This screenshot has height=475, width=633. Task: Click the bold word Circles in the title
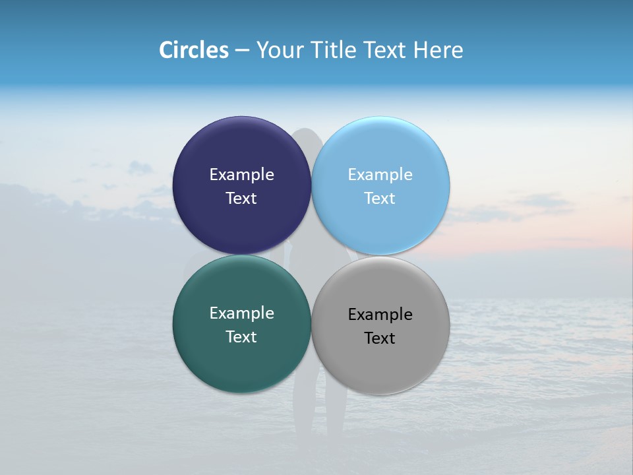pyautogui.click(x=194, y=50)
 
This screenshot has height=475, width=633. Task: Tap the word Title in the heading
pyautogui.click(x=332, y=50)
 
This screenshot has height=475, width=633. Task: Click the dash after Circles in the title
pyautogui.click(x=242, y=51)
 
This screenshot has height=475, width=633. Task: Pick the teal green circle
pyautogui.click(x=241, y=360)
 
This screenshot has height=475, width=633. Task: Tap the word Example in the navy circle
pyautogui.click(x=241, y=175)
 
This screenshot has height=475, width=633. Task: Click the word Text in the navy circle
pyautogui.click(x=241, y=199)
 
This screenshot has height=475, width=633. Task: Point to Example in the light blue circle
pyautogui.click(x=380, y=175)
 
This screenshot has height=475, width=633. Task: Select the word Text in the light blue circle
pyautogui.click(x=380, y=199)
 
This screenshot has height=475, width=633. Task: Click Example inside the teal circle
pyautogui.click(x=241, y=313)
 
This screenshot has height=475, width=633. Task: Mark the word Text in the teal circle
pyautogui.click(x=241, y=337)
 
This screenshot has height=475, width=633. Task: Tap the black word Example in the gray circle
pyautogui.click(x=380, y=315)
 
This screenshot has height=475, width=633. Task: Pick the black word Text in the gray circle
pyautogui.click(x=380, y=338)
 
